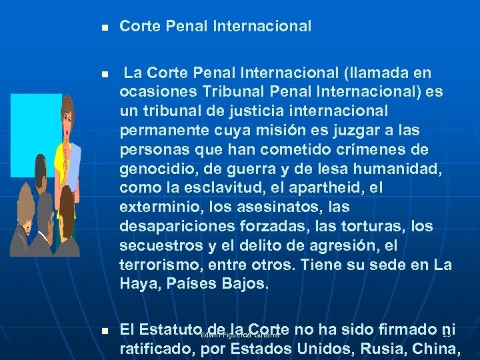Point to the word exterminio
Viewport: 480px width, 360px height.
tap(154, 207)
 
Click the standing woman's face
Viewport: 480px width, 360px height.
tap(68, 109)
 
